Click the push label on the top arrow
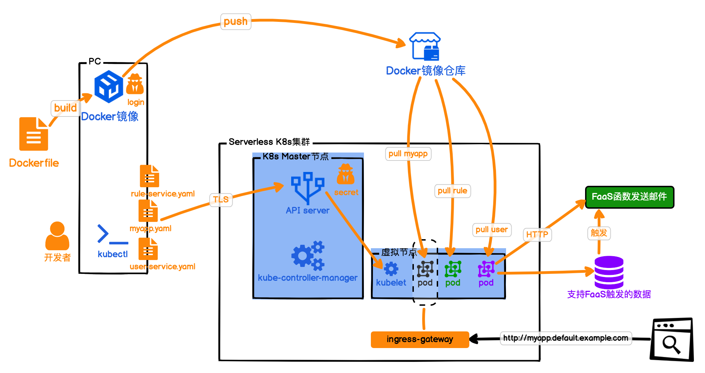[236, 21]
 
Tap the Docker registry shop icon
[425, 46]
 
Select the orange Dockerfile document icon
[34, 134]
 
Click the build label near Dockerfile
[66, 108]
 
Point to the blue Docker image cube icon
[108, 86]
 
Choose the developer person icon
[57, 236]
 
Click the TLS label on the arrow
[221, 200]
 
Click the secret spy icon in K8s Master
[346, 174]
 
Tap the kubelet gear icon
[391, 269]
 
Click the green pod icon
[453, 269]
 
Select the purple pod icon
[486, 269]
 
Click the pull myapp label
[408, 154]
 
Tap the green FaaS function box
[629, 197]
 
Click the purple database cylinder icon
[609, 272]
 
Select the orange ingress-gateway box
[420, 339]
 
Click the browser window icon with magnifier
[671, 340]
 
